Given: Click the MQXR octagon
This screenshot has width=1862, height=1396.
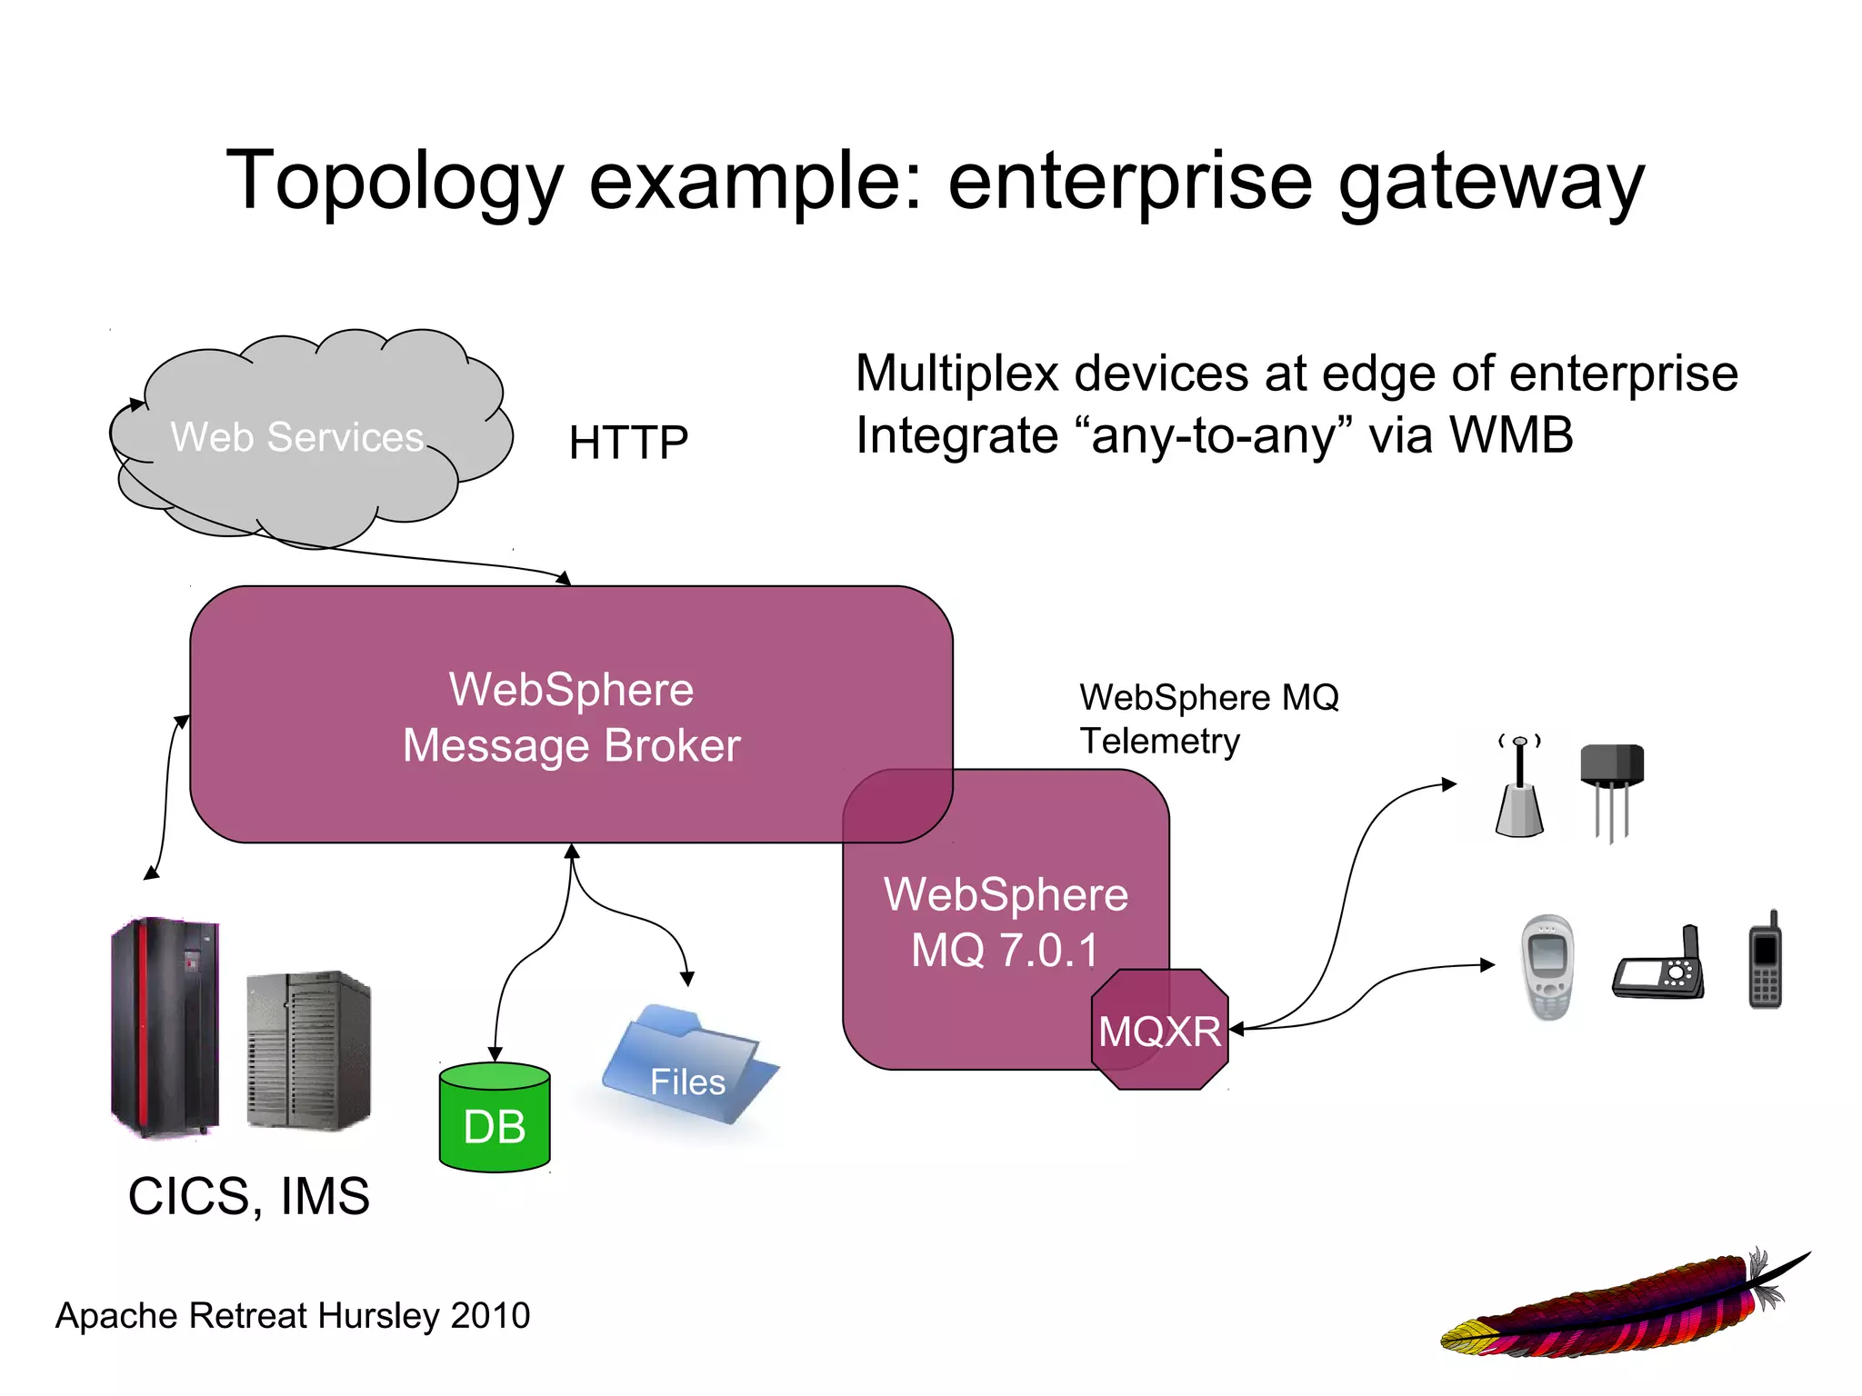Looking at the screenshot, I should click(x=1159, y=1030).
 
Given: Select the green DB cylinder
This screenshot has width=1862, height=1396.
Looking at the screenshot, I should click(x=495, y=1118).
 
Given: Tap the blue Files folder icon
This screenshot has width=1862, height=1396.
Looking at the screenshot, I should click(x=688, y=1068).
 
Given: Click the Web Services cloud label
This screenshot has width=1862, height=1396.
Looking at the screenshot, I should click(x=297, y=437).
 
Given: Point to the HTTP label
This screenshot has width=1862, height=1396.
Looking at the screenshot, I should click(x=628, y=443).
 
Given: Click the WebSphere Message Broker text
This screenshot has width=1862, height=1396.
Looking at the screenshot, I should click(x=571, y=717).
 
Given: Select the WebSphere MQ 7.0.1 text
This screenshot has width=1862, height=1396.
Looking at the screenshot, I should click(x=1006, y=922).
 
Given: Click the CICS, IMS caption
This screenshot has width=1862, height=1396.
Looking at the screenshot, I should click(x=248, y=1195).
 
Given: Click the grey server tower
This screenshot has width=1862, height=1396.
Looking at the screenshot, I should click(x=308, y=1050).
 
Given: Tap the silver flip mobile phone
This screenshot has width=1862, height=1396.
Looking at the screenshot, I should click(x=1547, y=967).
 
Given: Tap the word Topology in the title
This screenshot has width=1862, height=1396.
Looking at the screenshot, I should click(x=395, y=182).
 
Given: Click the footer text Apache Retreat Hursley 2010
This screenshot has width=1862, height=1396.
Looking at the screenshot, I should click(x=293, y=1315).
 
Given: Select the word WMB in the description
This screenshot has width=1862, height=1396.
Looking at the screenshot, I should click(x=1510, y=434).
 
